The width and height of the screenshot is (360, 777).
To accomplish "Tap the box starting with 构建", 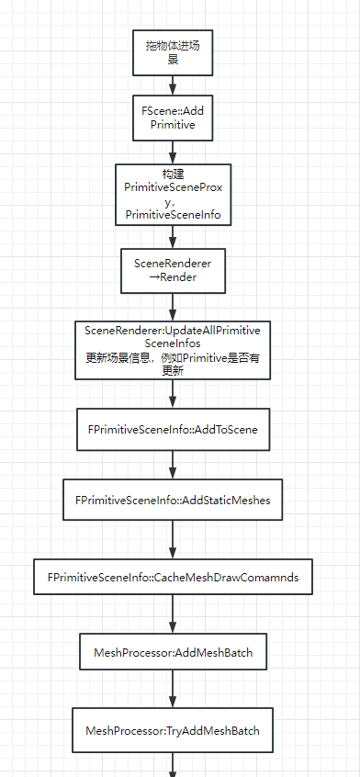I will coord(173,194).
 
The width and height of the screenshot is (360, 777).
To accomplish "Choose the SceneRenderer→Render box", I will coord(173,270).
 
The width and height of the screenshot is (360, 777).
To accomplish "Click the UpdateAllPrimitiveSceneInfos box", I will coord(173,349).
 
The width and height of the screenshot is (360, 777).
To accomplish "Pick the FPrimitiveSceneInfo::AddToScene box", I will coord(173,429).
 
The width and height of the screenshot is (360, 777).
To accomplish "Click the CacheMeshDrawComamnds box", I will coord(173,580).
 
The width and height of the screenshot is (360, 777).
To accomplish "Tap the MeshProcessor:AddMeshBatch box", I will coord(173,652).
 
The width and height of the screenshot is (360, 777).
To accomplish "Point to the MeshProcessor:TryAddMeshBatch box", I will coord(173,731).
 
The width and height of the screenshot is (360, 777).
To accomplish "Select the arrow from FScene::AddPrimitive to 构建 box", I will coord(173,152).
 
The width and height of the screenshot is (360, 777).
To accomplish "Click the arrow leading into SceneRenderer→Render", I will coord(173,235).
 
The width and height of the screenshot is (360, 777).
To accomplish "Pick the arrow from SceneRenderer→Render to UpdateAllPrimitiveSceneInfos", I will coord(173,306).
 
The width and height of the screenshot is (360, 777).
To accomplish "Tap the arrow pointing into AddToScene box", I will coord(173,394).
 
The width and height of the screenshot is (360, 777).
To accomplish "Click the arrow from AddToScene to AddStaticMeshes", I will coord(173,464).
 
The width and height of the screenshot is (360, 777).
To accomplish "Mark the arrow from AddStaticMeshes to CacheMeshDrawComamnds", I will coord(173,540).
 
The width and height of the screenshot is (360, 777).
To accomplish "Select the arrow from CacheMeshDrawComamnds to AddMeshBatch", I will coord(173,617).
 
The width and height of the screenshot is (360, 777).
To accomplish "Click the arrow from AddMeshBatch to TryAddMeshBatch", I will coord(173,689).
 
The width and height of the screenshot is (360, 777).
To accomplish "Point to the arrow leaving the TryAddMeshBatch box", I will coord(173,766).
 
